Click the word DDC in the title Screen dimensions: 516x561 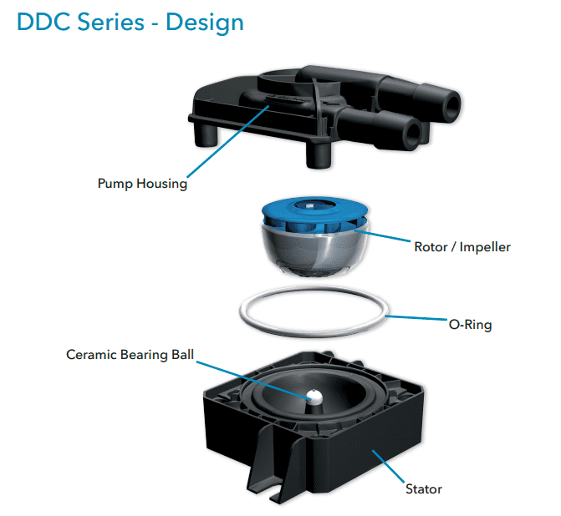click(44, 22)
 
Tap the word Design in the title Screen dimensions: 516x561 click(205, 22)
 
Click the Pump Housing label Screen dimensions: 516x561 click(143, 184)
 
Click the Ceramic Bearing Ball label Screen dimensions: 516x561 click(130, 355)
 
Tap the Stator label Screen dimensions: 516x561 click(423, 488)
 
